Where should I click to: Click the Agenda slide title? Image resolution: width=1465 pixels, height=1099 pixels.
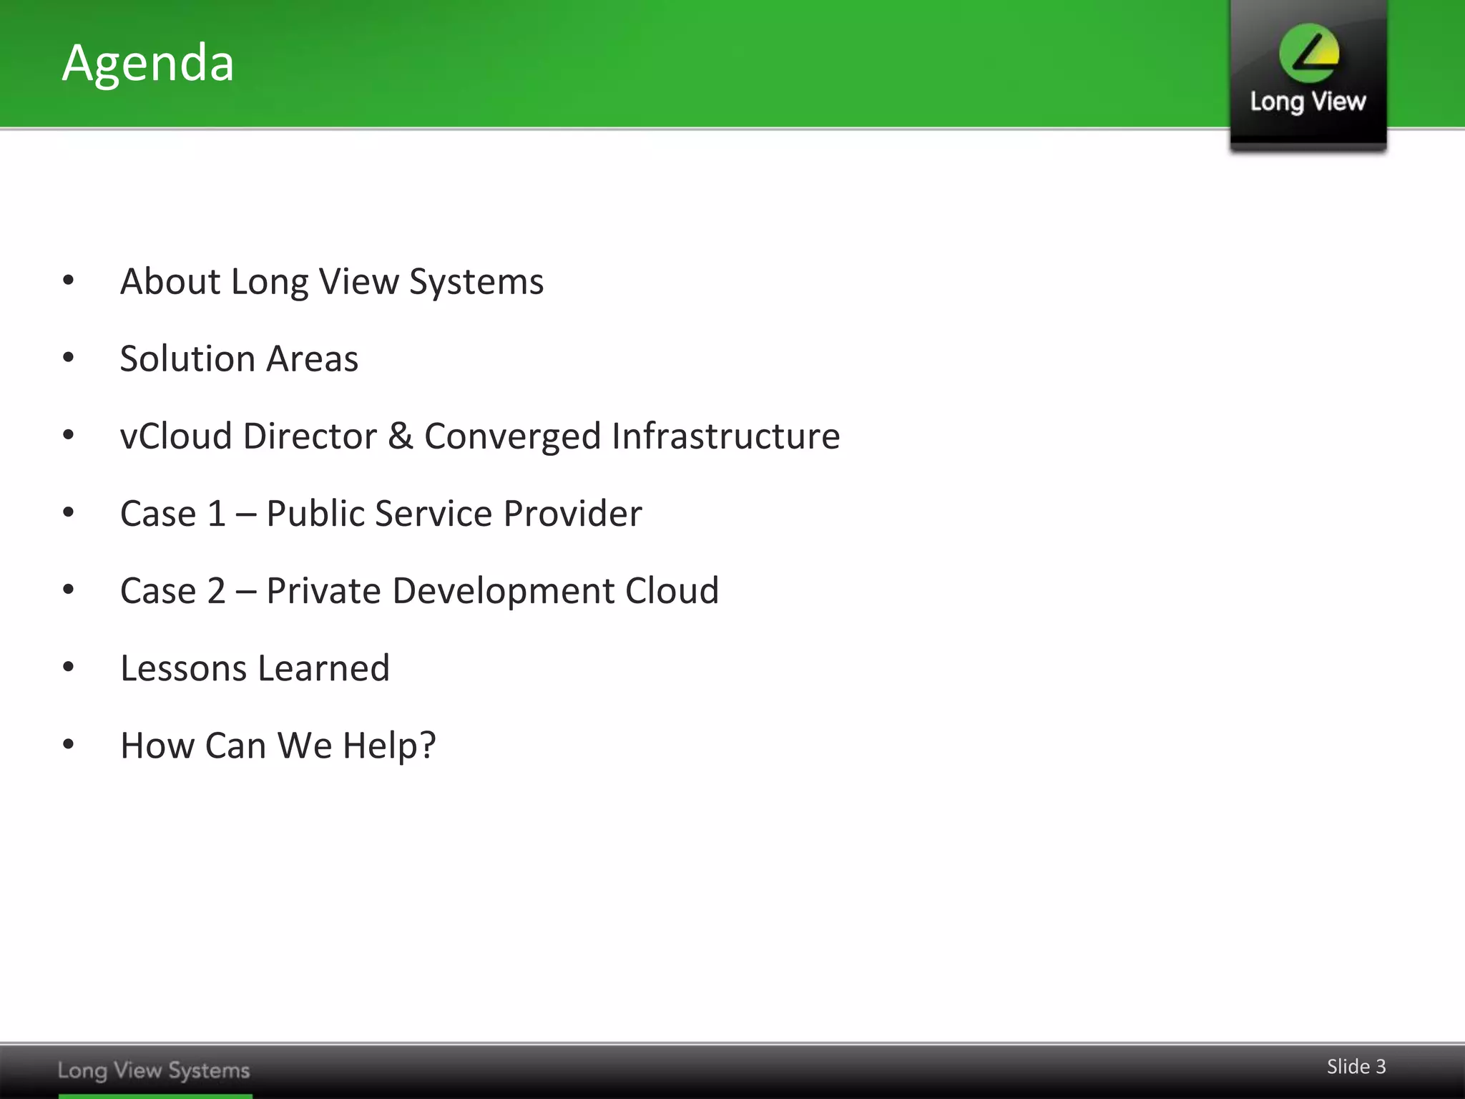coord(148,63)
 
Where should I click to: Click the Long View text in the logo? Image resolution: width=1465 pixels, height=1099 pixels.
coord(1308,102)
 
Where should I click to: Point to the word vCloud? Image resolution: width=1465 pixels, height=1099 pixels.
coord(176,436)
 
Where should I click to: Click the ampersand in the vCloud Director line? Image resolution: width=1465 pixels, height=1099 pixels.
coord(401,436)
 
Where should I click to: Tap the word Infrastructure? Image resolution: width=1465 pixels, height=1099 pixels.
coord(725,436)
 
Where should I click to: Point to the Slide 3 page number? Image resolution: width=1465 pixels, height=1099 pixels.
coord(1356,1066)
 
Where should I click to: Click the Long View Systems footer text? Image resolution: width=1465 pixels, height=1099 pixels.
coord(154,1070)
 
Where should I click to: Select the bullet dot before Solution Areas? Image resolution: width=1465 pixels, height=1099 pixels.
coord(69,357)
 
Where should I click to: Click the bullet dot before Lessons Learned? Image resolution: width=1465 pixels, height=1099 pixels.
coord(69,667)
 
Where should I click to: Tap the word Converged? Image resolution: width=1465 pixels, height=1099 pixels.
coord(512,436)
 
